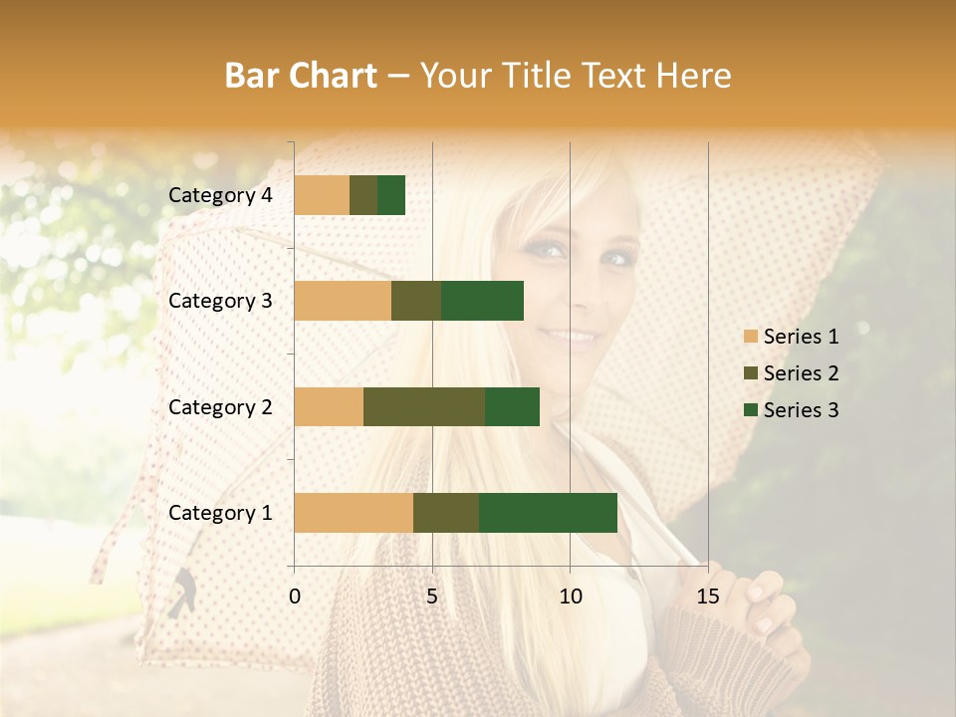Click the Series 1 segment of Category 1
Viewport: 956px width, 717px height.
(354, 513)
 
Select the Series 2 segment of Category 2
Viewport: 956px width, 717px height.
(424, 406)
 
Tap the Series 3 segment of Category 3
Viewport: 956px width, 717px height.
(482, 301)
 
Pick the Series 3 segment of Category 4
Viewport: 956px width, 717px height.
(391, 195)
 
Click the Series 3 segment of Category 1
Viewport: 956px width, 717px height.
(548, 513)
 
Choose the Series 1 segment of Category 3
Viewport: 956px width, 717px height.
(343, 301)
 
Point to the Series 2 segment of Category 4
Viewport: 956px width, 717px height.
(363, 195)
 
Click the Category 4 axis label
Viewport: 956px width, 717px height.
(220, 195)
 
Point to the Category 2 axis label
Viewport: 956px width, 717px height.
(220, 407)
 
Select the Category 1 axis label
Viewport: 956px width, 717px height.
(220, 513)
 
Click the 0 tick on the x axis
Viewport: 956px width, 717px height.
(295, 597)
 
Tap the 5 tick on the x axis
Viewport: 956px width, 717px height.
(432, 597)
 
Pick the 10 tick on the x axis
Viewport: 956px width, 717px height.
(570, 597)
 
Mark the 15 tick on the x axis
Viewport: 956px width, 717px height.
(707, 597)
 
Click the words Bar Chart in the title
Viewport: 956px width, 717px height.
(301, 76)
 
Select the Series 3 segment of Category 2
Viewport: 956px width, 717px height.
(512, 406)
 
